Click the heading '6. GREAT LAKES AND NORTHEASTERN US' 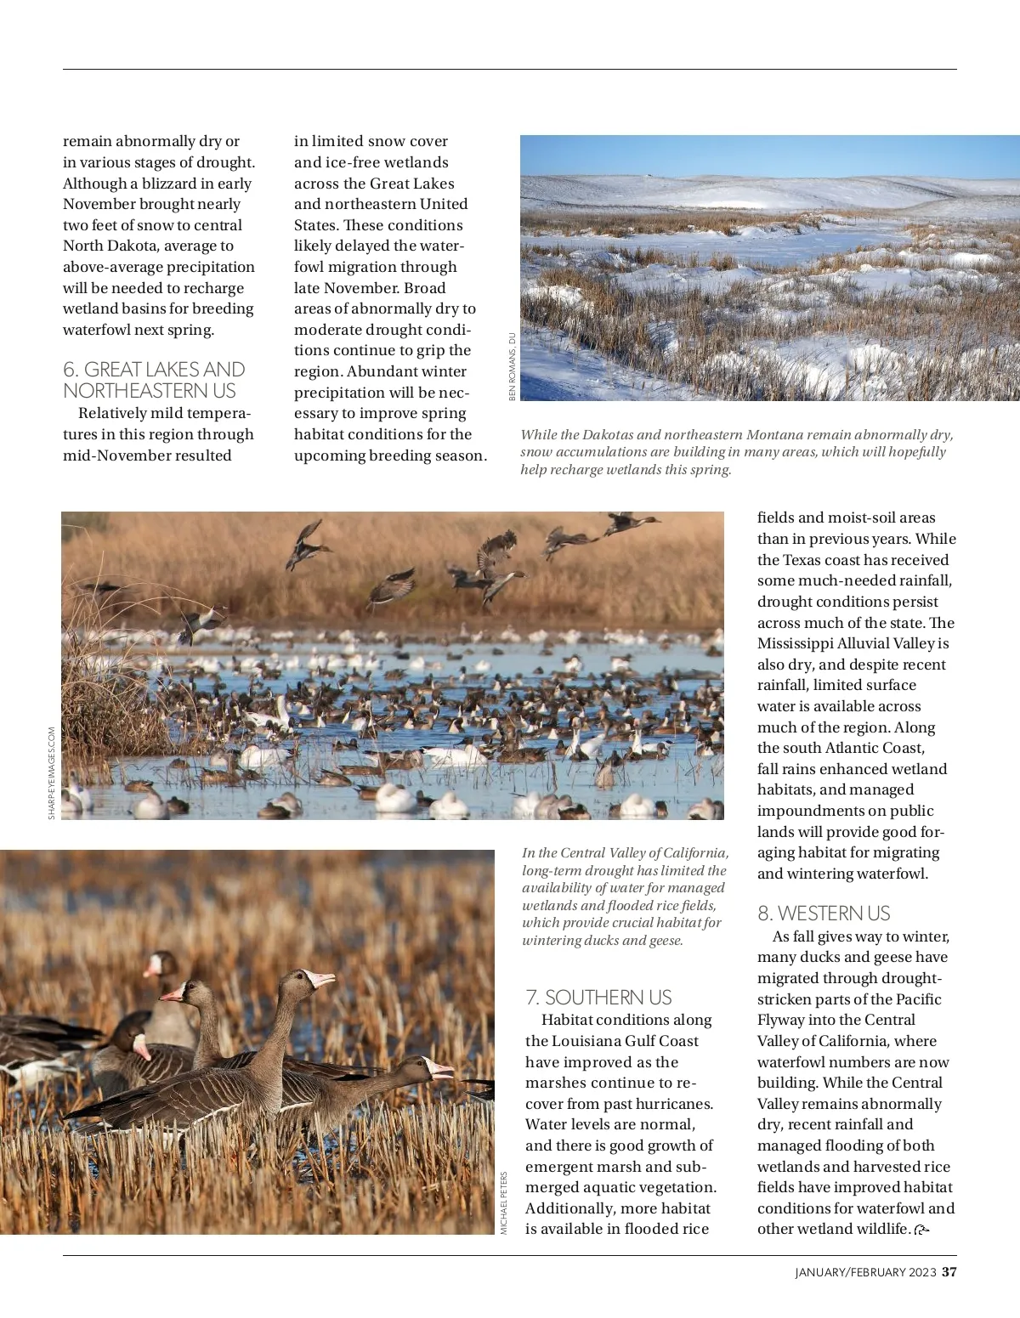pyautogui.click(x=154, y=380)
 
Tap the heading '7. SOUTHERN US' pyautogui.click(x=598, y=998)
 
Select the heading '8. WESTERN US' pyautogui.click(x=824, y=914)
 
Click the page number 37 pyautogui.click(x=949, y=1272)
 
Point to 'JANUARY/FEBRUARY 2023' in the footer pyautogui.click(x=865, y=1273)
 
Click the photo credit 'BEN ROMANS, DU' pyautogui.click(x=513, y=366)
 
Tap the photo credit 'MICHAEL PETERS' pyautogui.click(x=503, y=1202)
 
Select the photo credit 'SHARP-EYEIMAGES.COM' pyautogui.click(x=52, y=772)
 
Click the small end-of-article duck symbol pyautogui.click(x=921, y=1230)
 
